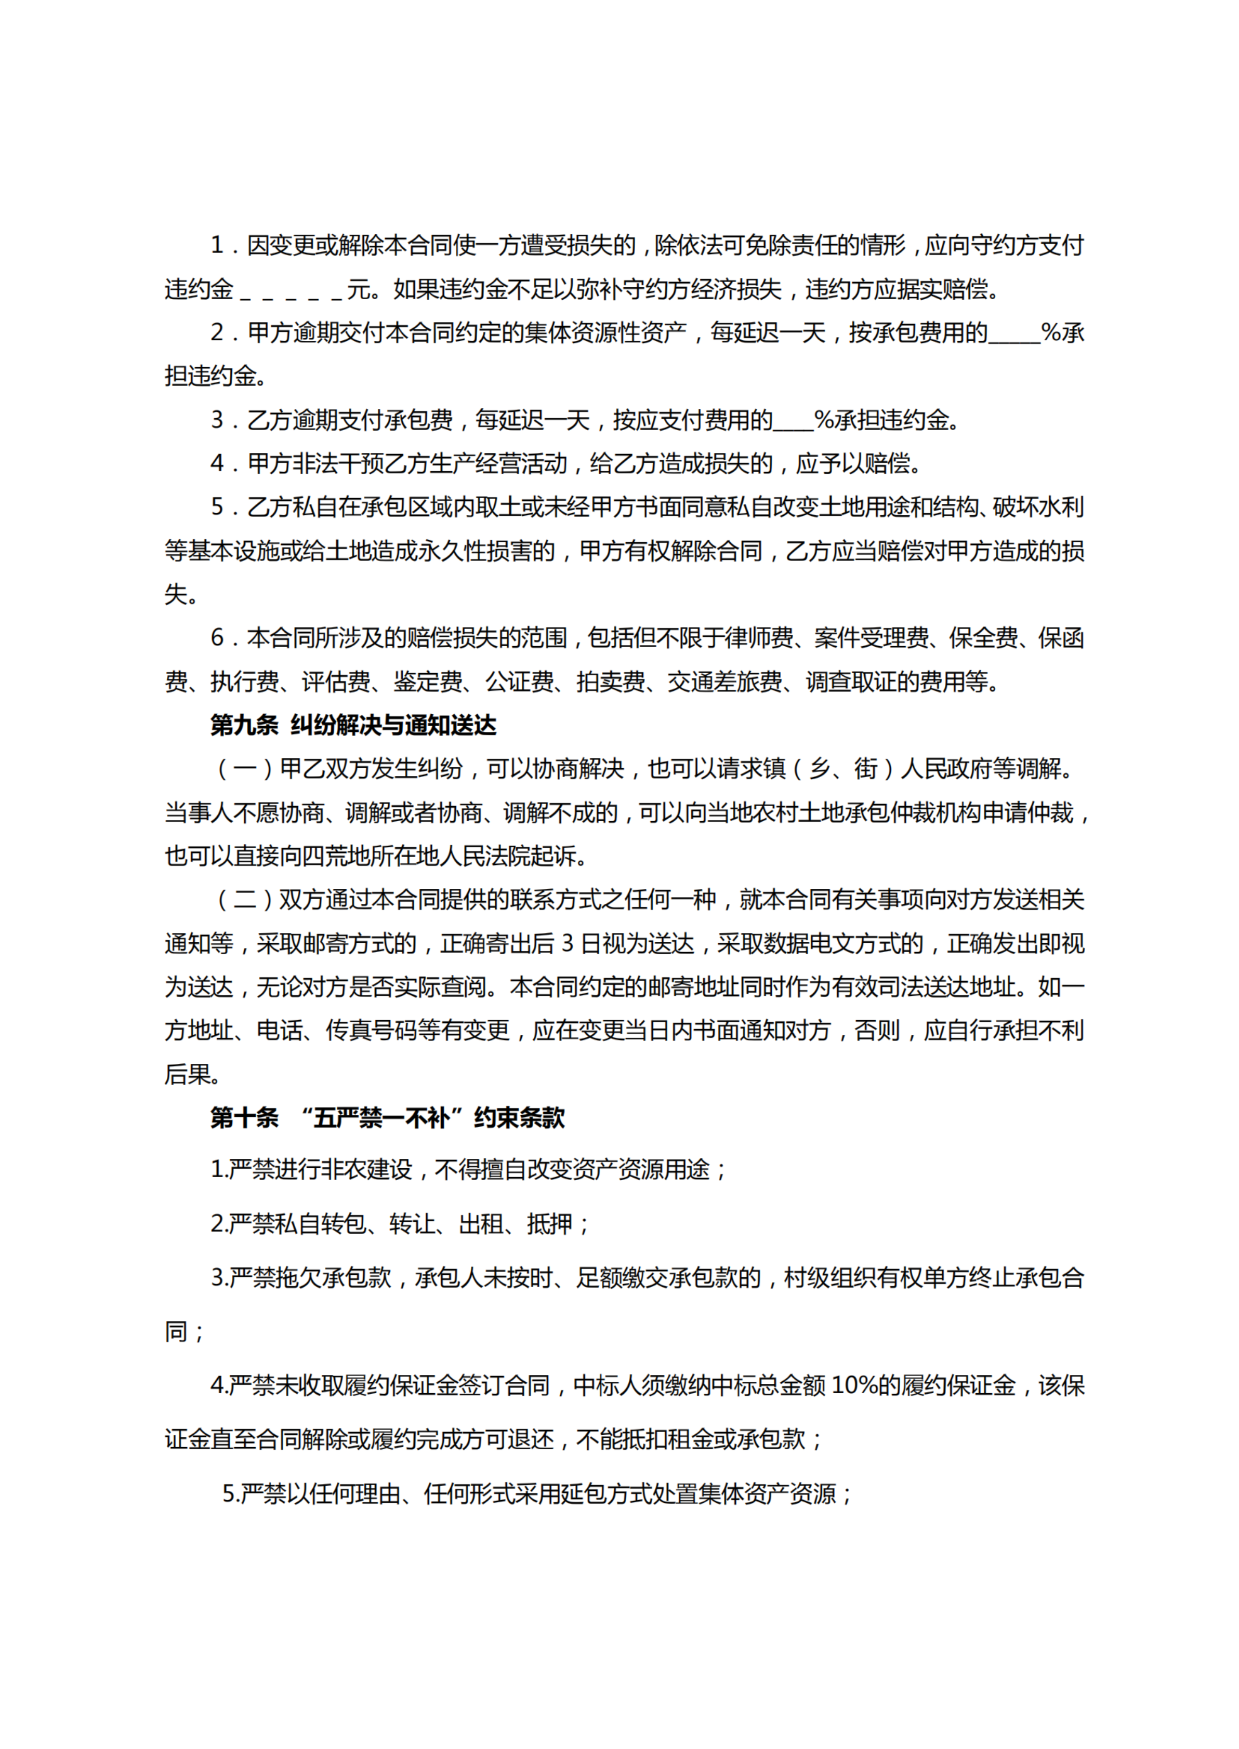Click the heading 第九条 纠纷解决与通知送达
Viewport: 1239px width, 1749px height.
tap(353, 725)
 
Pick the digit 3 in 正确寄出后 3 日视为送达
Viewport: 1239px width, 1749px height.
tap(567, 944)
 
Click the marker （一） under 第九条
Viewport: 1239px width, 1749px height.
tap(245, 768)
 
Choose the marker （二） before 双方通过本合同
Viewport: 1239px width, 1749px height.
tap(245, 900)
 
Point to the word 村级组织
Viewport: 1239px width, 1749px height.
tap(830, 1278)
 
